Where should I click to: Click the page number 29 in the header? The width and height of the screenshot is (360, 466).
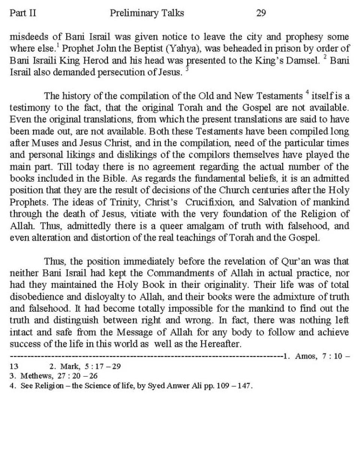pyautogui.click(x=261, y=13)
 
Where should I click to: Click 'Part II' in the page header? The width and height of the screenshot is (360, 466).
pyautogui.click(x=22, y=13)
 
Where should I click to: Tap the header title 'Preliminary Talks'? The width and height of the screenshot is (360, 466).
pyautogui.click(x=147, y=13)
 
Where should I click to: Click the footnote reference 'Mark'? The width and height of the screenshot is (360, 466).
pyautogui.click(x=72, y=367)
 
